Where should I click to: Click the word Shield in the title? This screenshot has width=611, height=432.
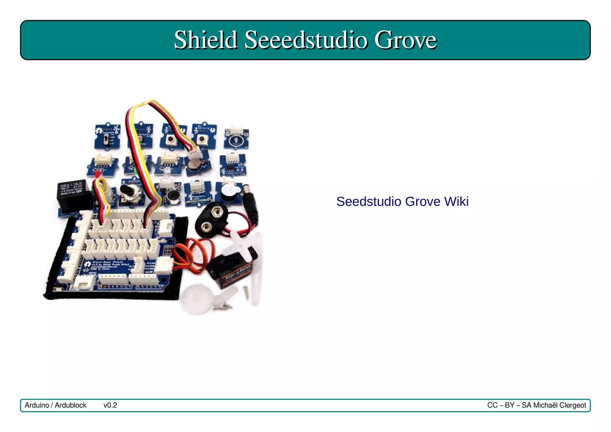click(x=206, y=40)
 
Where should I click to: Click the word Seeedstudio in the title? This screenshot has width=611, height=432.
click(x=305, y=40)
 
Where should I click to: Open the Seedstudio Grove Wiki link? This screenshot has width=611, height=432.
click(x=402, y=202)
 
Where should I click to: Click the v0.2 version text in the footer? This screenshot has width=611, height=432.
click(x=110, y=405)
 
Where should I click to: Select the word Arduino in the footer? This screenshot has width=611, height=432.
click(x=37, y=405)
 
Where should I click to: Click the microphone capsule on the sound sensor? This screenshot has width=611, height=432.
click(x=172, y=196)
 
